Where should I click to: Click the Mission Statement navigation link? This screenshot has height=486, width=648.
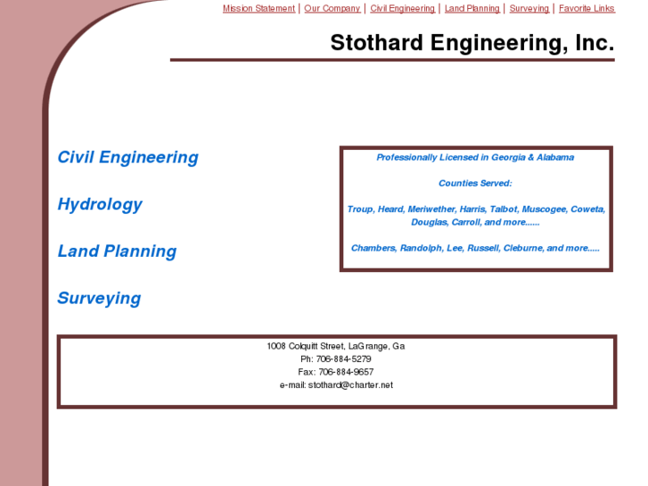click(x=258, y=9)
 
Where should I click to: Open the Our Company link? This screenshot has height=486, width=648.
click(x=332, y=9)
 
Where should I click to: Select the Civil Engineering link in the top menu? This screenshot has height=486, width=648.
click(x=403, y=9)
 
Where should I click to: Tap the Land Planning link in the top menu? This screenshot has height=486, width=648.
click(x=472, y=9)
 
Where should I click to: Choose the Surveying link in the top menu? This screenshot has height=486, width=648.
click(x=529, y=9)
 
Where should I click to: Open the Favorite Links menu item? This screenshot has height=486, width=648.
click(x=586, y=9)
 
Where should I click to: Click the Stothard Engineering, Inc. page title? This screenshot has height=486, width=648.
click(x=472, y=43)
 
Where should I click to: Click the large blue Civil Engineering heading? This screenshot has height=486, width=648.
click(x=127, y=158)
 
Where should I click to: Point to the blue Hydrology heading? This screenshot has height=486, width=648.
click(x=100, y=204)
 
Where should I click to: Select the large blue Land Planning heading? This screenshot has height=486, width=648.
click(x=117, y=251)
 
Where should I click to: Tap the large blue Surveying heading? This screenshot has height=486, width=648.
click(x=99, y=299)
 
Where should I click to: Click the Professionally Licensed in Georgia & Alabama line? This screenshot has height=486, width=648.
click(x=475, y=158)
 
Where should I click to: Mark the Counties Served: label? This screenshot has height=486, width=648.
click(x=475, y=184)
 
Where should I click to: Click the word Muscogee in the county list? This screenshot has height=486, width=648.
click(x=543, y=210)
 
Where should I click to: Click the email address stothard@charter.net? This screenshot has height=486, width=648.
click(x=350, y=385)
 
